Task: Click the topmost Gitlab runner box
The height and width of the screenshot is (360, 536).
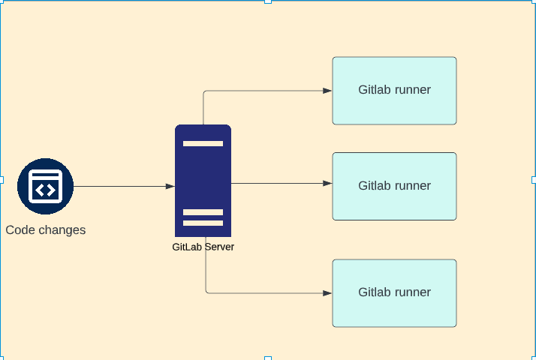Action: (x=394, y=90)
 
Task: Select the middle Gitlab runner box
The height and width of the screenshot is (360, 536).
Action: (x=394, y=186)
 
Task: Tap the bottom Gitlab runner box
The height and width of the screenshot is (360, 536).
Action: (x=394, y=292)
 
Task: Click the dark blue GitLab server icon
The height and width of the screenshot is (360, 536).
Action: (x=203, y=180)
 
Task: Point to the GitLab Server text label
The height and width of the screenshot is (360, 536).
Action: (x=203, y=247)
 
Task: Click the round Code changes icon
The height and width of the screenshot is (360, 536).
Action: (x=45, y=187)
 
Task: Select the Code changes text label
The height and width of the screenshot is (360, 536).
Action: (x=45, y=230)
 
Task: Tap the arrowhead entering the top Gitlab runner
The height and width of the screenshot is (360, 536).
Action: (x=327, y=91)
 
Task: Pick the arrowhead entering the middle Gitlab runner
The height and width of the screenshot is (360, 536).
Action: (x=327, y=183)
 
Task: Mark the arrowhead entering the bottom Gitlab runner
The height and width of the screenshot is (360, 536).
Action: (x=327, y=293)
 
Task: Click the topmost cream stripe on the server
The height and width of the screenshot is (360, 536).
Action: (x=203, y=143)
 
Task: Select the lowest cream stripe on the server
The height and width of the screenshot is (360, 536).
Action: (x=203, y=223)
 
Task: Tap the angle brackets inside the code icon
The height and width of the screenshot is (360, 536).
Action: (x=45, y=189)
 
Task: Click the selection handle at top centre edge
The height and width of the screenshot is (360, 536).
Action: (x=268, y=1)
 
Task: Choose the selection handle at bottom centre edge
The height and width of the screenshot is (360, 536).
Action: (x=268, y=358)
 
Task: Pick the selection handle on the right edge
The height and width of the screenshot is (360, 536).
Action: (x=534, y=180)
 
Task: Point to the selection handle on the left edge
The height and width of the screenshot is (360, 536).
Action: (x=2, y=180)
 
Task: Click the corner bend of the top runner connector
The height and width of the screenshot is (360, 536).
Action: (x=204, y=92)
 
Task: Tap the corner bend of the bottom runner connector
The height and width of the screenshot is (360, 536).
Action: (x=207, y=292)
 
